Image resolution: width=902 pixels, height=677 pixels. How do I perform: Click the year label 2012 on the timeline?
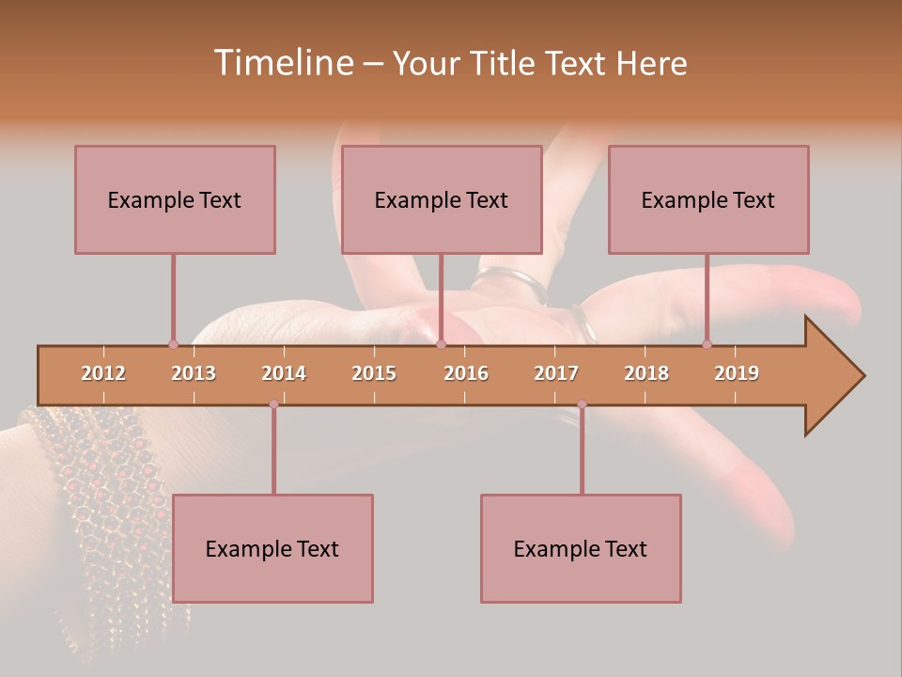coord(103,373)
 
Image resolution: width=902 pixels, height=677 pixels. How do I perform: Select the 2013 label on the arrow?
coord(194,373)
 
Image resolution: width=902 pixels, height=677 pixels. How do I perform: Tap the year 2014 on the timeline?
coord(284,373)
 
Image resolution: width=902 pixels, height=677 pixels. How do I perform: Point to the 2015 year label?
coord(374,373)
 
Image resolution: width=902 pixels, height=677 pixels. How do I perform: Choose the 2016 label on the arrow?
coord(466,373)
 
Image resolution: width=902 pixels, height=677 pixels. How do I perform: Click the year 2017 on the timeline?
coord(556,373)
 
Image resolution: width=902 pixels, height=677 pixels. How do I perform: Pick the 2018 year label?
coord(646,373)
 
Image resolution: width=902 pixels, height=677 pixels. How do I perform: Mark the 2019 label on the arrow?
coord(737,373)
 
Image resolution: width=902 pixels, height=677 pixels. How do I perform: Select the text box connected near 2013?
coord(175,199)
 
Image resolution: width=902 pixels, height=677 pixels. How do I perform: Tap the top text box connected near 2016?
coord(442,199)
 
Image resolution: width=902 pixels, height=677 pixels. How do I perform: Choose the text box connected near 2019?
coord(708,199)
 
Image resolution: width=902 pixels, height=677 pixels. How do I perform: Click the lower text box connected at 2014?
coord(272,548)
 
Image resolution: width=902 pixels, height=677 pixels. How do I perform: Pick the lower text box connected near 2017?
coord(581,548)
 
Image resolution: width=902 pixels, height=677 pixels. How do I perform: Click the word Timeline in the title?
coord(282,63)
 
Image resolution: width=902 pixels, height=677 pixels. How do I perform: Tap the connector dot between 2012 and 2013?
coord(173,344)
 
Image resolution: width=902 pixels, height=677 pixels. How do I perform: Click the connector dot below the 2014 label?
coord(273,404)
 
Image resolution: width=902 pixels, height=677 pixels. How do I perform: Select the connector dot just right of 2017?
coord(582,404)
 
